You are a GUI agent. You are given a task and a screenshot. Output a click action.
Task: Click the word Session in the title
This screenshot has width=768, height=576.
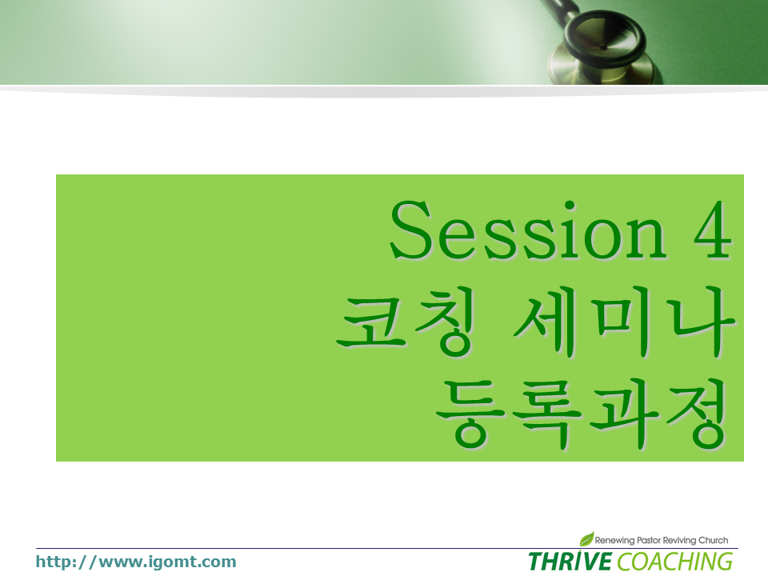(x=528, y=230)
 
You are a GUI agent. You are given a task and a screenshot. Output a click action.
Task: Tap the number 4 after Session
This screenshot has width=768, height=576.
(x=713, y=230)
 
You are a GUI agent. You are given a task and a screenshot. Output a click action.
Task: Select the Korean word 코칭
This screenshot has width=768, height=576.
(x=406, y=321)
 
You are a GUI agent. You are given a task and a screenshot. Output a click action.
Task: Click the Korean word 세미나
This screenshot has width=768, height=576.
(x=623, y=322)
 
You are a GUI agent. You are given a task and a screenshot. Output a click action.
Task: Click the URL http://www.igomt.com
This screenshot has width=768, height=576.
(x=136, y=562)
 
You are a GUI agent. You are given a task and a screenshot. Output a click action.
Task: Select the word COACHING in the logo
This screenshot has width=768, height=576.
(x=675, y=562)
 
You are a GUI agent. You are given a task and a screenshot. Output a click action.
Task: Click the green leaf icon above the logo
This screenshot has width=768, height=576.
(x=586, y=538)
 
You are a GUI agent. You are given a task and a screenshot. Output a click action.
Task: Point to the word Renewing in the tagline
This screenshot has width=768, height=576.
(x=614, y=540)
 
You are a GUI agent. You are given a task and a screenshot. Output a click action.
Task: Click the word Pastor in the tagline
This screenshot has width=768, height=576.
(x=649, y=540)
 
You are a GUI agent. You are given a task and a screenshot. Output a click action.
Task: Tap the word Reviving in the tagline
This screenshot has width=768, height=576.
(x=679, y=540)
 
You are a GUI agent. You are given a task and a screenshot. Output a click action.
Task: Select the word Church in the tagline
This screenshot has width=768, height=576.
(x=713, y=540)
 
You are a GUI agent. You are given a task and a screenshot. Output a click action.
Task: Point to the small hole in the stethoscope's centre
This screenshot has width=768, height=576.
(x=603, y=47)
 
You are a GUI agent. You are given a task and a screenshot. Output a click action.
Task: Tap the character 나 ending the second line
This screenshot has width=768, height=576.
(x=703, y=322)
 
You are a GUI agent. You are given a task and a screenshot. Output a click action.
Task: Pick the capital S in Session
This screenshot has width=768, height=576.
(x=410, y=230)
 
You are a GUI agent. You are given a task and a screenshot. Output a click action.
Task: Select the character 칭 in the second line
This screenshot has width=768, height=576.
(x=446, y=321)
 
